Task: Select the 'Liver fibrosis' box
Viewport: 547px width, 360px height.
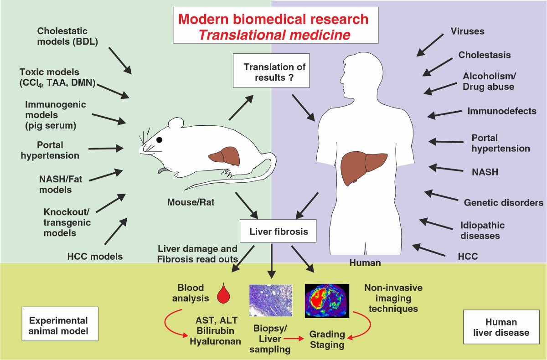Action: (x=273, y=231)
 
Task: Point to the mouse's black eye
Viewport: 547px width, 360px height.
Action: (x=159, y=140)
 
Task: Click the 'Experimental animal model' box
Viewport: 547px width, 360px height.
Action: (x=61, y=325)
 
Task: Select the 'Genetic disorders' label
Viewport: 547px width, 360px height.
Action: (x=503, y=202)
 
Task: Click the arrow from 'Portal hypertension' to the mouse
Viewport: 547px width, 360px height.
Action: (x=106, y=148)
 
